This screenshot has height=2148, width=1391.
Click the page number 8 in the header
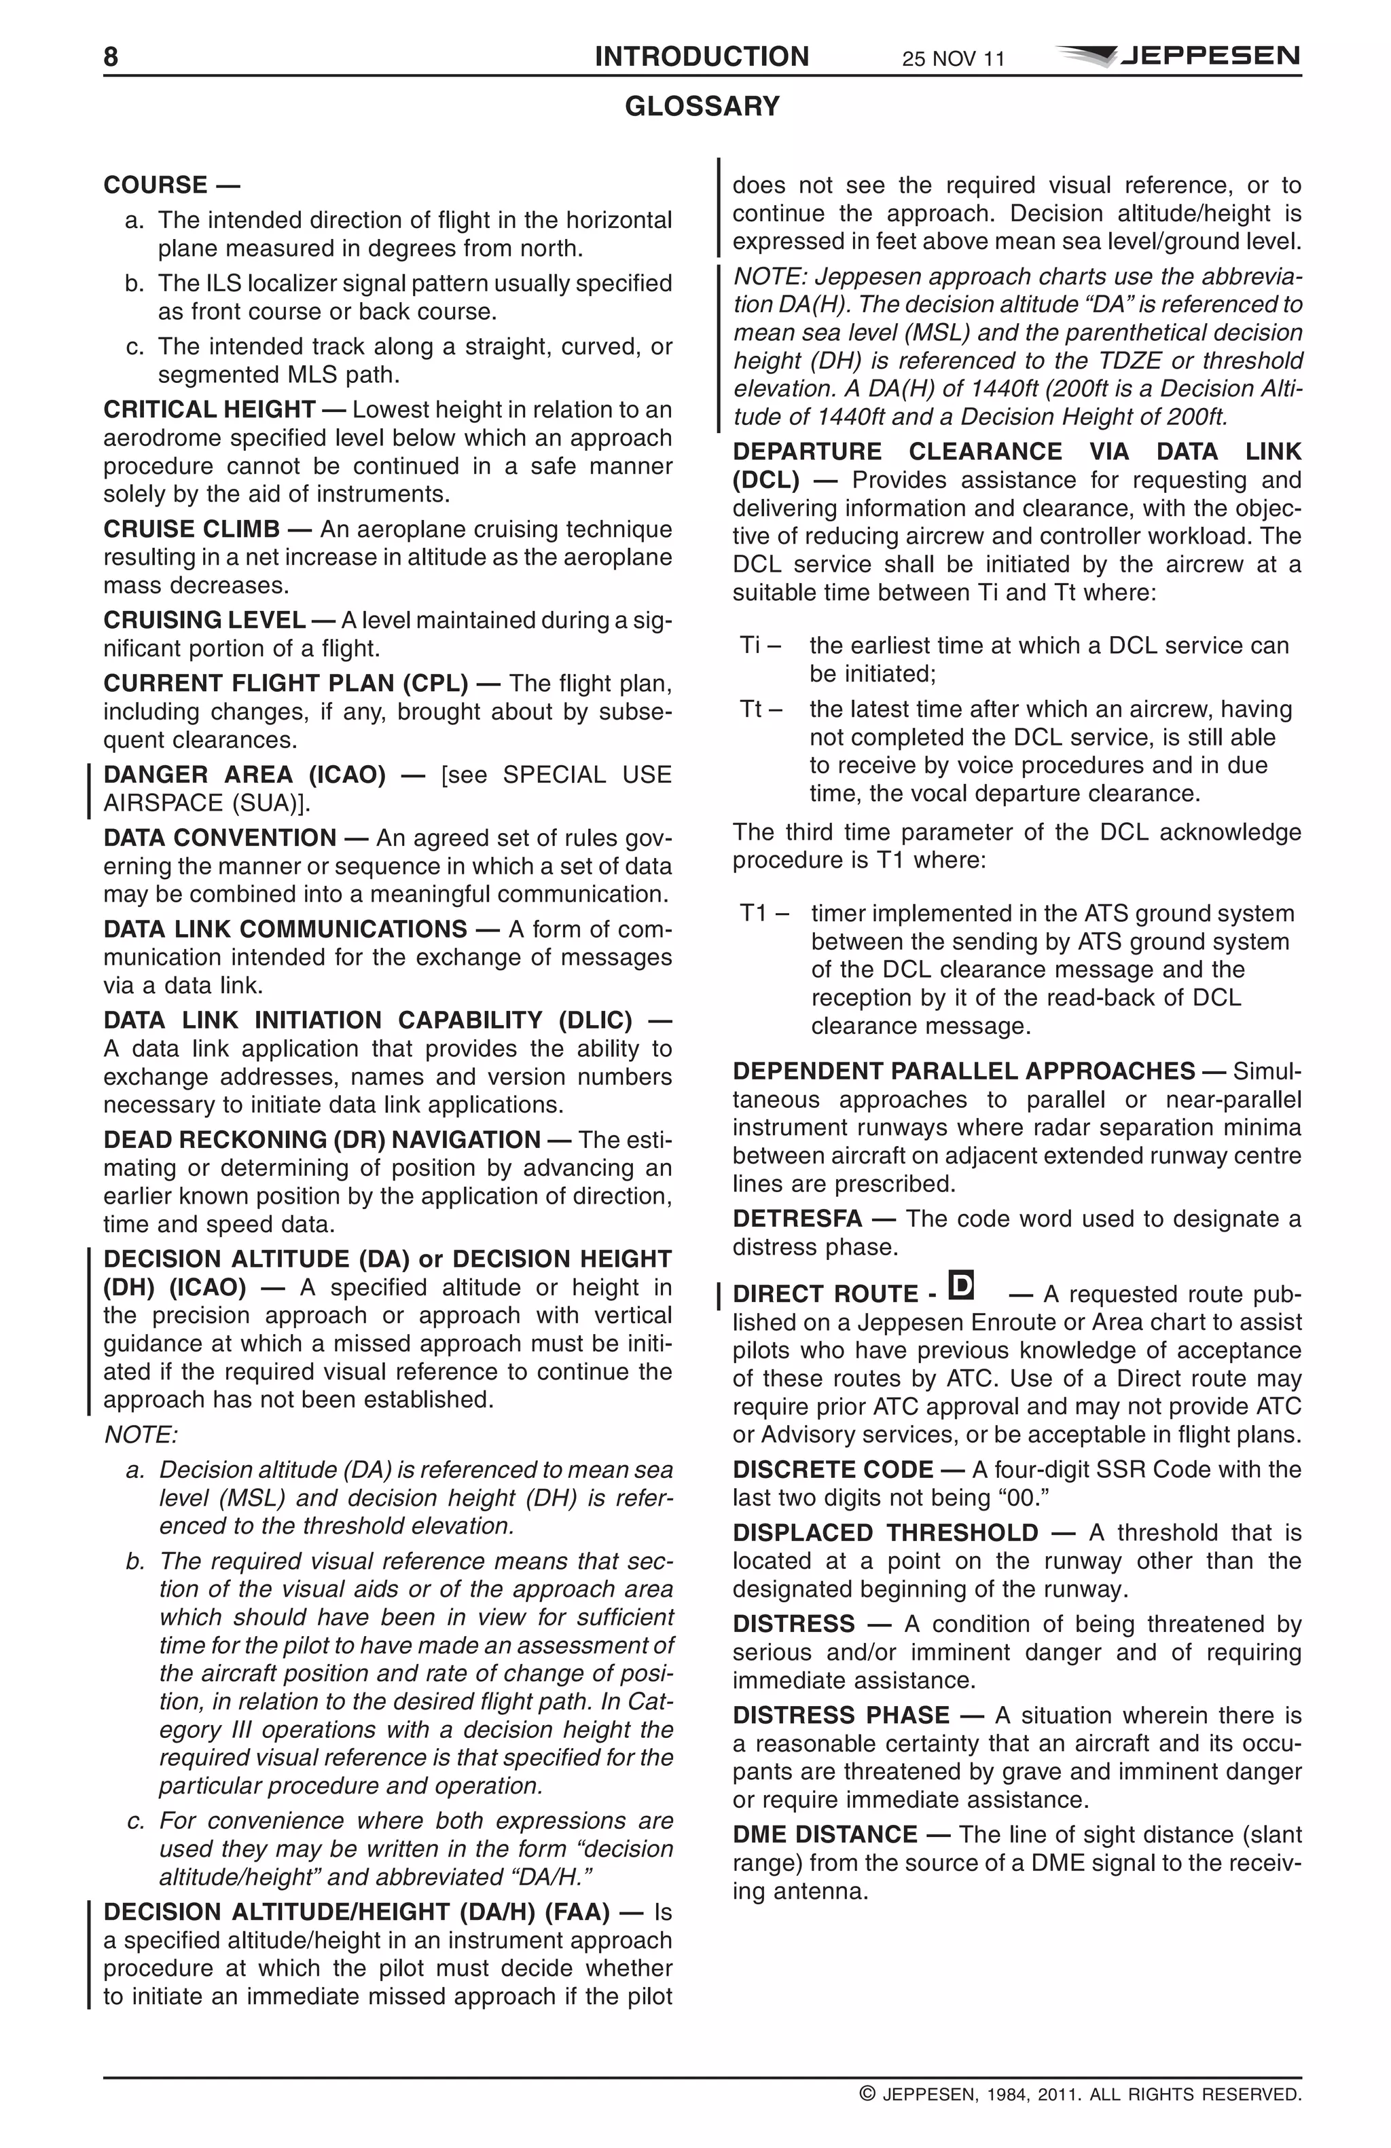pyautogui.click(x=110, y=57)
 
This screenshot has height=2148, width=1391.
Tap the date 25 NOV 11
pyautogui.click(x=952, y=60)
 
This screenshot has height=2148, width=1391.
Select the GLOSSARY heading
pyautogui.click(x=702, y=107)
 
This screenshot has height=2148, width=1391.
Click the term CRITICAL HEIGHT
pyautogui.click(x=209, y=410)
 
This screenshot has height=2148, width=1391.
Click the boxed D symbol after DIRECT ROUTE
pyautogui.click(x=962, y=1284)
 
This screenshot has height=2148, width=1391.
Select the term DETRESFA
pyautogui.click(x=797, y=1219)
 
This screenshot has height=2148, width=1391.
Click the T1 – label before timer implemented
pyautogui.click(x=763, y=913)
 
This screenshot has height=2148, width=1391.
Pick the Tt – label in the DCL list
pyautogui.click(x=760, y=709)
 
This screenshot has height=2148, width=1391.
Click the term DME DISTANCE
pyautogui.click(x=824, y=1835)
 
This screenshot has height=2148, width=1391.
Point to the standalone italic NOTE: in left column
pyautogui.click(x=141, y=1435)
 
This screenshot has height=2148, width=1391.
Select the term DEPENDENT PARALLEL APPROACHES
pyautogui.click(x=963, y=1071)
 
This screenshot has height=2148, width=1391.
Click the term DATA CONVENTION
pyautogui.click(x=219, y=838)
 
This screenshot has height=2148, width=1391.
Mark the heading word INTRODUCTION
pyautogui.click(x=702, y=57)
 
